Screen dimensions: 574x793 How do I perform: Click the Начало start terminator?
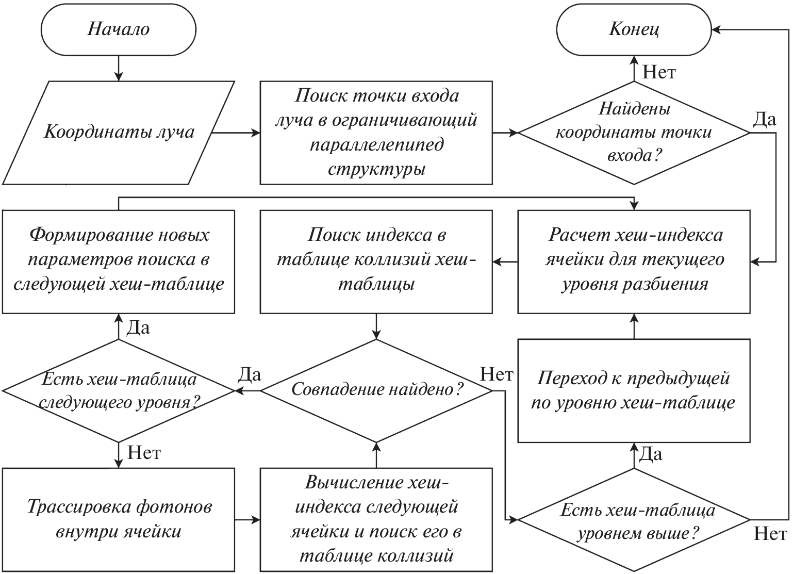[x=118, y=29]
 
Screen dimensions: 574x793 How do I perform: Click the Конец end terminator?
[x=634, y=29]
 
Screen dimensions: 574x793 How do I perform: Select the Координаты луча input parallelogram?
[x=118, y=132]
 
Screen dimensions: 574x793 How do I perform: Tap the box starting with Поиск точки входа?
[x=376, y=132]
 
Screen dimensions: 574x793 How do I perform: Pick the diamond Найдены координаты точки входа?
[x=634, y=132]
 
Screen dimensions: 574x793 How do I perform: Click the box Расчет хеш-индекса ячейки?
[x=634, y=261]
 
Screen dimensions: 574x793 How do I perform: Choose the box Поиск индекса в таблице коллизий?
[x=376, y=261]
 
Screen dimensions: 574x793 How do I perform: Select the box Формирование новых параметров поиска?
[x=118, y=261]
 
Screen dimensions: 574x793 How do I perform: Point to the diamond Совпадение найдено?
[x=376, y=390]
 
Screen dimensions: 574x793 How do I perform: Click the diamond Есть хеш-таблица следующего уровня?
[x=118, y=390]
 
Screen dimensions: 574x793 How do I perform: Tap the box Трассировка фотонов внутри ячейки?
[x=118, y=519]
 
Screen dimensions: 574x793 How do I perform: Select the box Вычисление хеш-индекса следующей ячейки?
[x=376, y=519]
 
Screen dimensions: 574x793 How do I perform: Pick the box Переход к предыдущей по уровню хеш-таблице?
[x=634, y=390]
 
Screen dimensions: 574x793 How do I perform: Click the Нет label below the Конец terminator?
[x=658, y=72]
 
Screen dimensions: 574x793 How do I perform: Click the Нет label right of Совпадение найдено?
[x=496, y=374]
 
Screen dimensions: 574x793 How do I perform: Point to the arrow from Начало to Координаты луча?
[x=119, y=68]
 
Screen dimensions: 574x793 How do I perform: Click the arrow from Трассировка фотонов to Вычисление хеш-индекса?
[x=247, y=520]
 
